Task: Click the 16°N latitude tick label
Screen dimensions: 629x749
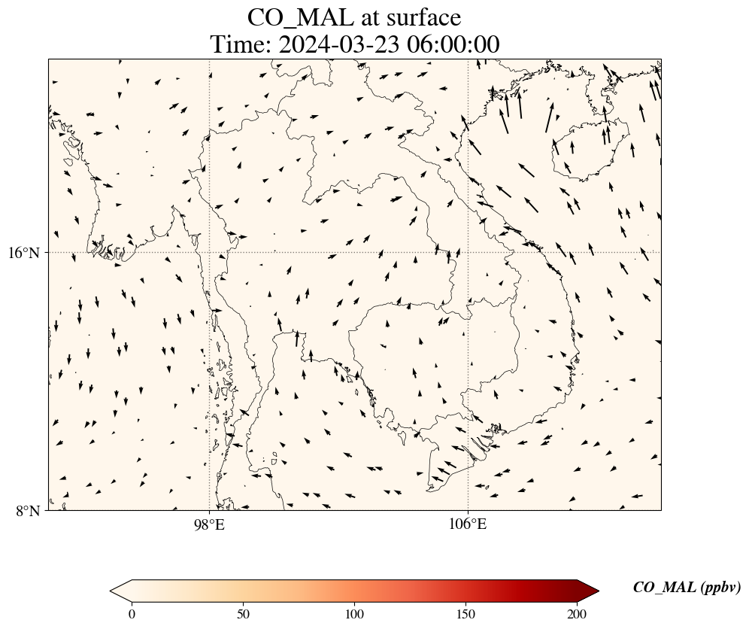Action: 23,253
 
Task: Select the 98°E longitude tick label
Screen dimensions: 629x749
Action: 209,524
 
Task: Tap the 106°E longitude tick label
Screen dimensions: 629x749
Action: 468,524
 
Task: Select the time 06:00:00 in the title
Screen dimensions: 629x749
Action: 453,45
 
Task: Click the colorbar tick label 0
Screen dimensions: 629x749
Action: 132,613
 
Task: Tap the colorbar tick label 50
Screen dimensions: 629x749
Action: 244,613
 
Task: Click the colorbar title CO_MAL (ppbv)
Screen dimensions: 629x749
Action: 687,588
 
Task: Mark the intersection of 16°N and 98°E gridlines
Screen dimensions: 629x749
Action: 209,252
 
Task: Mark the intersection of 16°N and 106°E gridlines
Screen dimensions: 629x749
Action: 468,252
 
